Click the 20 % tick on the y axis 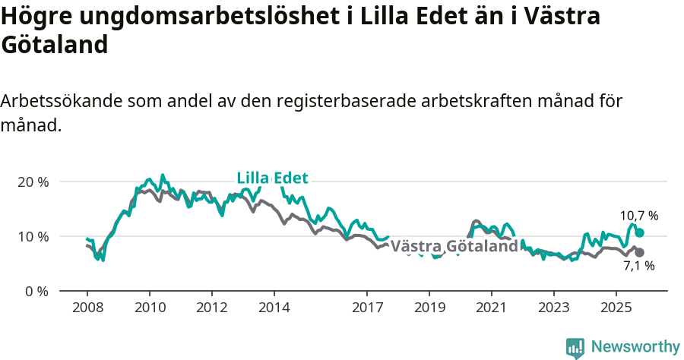[32, 182]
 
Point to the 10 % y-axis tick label [32, 237]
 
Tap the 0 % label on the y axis [35, 292]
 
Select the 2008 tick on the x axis [87, 309]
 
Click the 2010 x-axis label [150, 309]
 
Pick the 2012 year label [212, 309]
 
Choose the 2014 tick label [274, 309]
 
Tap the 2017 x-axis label [367, 309]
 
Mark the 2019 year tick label [429, 309]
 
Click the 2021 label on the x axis [492, 309]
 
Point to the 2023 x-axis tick [553, 309]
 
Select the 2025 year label [616, 309]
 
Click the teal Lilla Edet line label [272, 178]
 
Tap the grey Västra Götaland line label [454, 247]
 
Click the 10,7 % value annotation [638, 216]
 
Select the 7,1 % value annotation [638, 266]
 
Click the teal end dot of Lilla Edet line [639, 232]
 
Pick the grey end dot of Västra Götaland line [639, 252]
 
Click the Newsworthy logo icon [575, 348]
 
